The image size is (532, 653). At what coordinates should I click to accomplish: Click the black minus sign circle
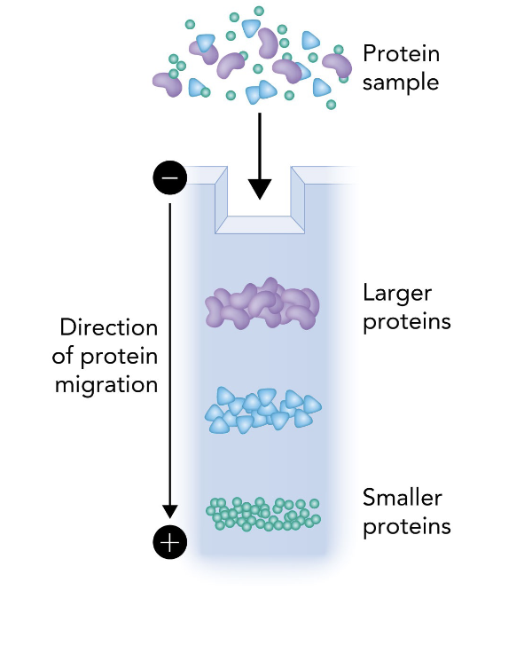pos(170,178)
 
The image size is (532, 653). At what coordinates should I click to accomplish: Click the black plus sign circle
pos(170,540)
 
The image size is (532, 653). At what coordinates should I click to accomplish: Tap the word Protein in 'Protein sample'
pos(401,54)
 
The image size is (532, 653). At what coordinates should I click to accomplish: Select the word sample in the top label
pos(401,83)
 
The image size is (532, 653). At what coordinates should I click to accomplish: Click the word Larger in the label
pos(398,293)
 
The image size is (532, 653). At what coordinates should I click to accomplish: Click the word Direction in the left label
pos(108,327)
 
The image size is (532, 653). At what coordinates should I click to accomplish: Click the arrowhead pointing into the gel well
pos(260,188)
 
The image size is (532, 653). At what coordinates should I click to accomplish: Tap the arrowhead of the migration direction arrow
pos(170,512)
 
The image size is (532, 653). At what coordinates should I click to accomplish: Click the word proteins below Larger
pos(407,321)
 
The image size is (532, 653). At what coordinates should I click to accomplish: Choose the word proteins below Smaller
pos(407,526)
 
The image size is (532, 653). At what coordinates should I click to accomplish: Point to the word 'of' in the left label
pos(68,357)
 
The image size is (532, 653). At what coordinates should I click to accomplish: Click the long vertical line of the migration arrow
pos(170,355)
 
